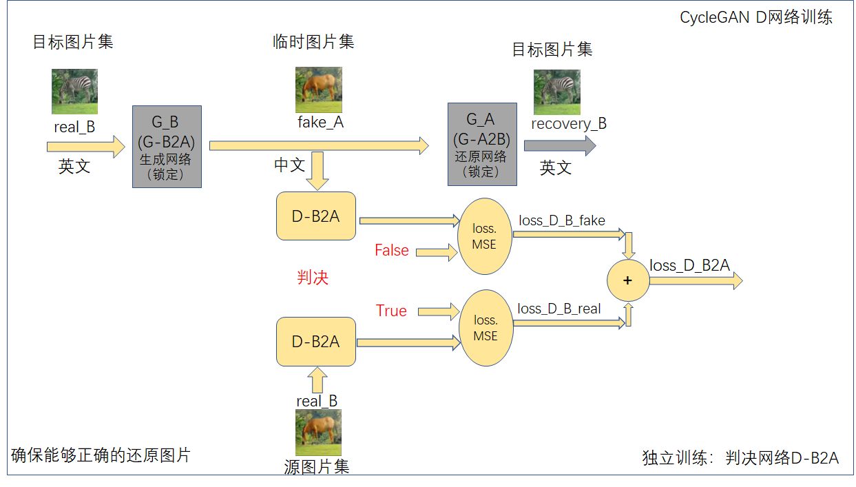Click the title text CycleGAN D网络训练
point(756,18)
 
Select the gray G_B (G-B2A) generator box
point(167,147)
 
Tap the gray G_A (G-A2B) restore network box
point(482,144)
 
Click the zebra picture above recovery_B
point(557,92)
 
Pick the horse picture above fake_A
point(319,90)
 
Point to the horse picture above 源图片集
point(318,432)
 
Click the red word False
point(391,251)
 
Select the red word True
point(391,311)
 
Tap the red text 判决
point(313,278)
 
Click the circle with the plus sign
point(627,280)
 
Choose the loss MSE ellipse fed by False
point(485,236)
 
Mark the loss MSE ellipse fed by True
point(486,328)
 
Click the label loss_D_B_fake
point(562,220)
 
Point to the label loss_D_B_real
point(559,309)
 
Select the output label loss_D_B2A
point(689,265)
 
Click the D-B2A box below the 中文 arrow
point(316,216)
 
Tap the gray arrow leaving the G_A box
point(559,145)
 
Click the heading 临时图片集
point(313,42)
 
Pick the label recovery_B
point(569,124)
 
